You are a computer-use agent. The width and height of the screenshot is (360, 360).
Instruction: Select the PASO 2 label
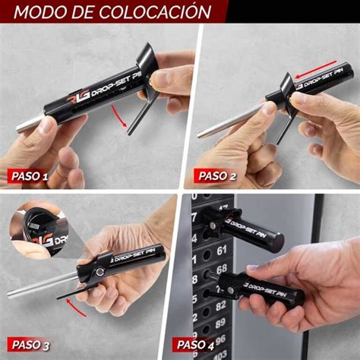[217, 176]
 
